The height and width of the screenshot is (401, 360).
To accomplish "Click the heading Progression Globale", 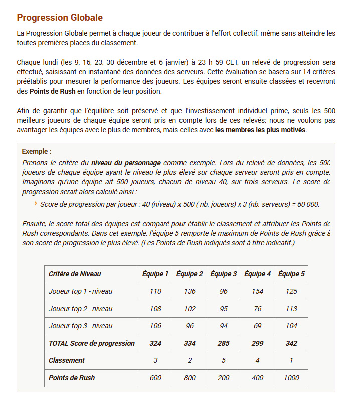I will pos(60,18).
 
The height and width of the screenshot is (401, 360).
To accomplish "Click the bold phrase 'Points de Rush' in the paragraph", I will pos(52,92).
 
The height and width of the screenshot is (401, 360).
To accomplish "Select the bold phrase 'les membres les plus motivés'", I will pos(260,130).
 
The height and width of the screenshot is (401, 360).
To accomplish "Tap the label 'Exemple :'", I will pos(37,151).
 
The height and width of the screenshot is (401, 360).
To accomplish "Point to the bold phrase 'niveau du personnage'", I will pos(126,163).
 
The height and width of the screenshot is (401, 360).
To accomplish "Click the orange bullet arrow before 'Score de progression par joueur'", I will pos(36,204).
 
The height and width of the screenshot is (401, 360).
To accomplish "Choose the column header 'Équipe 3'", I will pos(223,274).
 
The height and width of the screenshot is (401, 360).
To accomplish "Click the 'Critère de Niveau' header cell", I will pos(75,274).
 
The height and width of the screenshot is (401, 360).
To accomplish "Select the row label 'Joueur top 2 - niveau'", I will pos(80,309).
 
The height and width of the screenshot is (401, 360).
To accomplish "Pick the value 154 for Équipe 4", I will pos(257,291).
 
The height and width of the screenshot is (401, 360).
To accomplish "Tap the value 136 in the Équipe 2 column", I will pos(190,291).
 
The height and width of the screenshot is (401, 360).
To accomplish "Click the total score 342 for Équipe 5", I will pos(291,343).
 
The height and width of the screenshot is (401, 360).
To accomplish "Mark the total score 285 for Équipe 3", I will pos(223,343).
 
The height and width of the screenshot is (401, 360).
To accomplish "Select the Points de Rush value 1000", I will pos(291,378).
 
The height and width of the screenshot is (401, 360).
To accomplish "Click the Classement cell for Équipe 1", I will pos(155,360).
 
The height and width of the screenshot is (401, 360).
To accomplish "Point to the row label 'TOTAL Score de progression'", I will pos(91,343).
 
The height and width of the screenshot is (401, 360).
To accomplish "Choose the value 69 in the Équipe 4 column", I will pos(257,326).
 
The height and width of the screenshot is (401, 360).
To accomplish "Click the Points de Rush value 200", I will pos(223,378).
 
